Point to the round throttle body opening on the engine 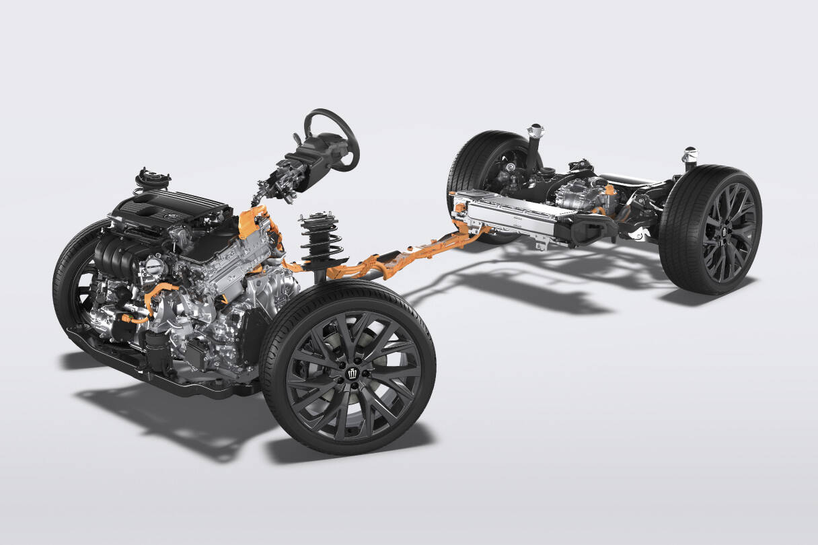153,266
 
